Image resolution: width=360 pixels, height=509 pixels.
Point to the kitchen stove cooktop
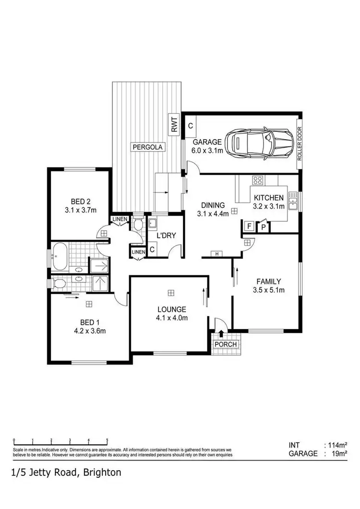[258, 181]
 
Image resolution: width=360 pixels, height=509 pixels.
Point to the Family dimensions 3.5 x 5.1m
[268, 290]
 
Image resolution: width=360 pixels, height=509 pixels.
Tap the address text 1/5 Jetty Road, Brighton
[66, 472]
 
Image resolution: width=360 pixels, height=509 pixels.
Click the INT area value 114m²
[336, 445]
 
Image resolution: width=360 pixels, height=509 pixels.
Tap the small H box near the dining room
[217, 254]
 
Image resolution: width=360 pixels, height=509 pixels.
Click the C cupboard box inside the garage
[191, 126]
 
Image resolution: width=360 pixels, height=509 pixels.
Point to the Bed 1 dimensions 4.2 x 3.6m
[89, 331]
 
